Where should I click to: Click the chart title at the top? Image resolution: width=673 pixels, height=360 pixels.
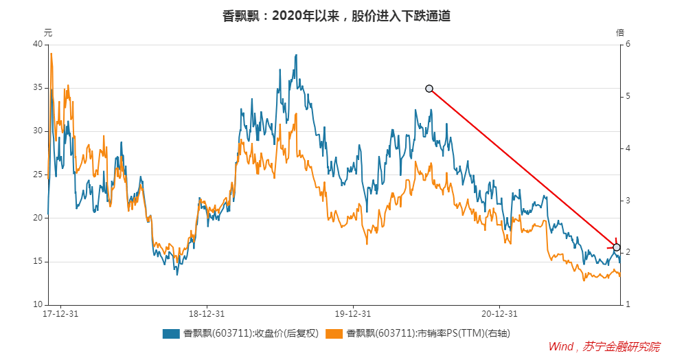tap(336, 16)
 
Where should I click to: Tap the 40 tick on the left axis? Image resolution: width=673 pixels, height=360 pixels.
tap(38, 45)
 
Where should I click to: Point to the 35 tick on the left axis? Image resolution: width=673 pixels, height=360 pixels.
tap(38, 88)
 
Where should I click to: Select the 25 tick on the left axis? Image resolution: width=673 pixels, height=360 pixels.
tap(38, 175)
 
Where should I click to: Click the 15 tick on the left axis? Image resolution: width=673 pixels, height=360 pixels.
tap(38, 261)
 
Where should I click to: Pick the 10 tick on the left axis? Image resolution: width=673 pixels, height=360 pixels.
tap(38, 304)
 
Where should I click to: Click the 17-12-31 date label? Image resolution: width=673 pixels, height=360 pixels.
tap(60, 314)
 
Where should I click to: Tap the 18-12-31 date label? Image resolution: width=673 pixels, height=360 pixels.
tap(207, 314)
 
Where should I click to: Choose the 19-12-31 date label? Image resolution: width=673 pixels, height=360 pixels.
tap(353, 314)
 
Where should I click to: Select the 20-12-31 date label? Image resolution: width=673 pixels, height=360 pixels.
tap(499, 314)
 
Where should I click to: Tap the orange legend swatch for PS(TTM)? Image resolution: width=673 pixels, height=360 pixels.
tap(334, 333)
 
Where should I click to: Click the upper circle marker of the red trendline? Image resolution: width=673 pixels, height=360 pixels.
tap(429, 89)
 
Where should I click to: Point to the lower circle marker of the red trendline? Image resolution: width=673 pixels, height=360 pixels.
tap(617, 247)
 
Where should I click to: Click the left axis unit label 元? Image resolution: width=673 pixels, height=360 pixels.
tap(48, 32)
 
